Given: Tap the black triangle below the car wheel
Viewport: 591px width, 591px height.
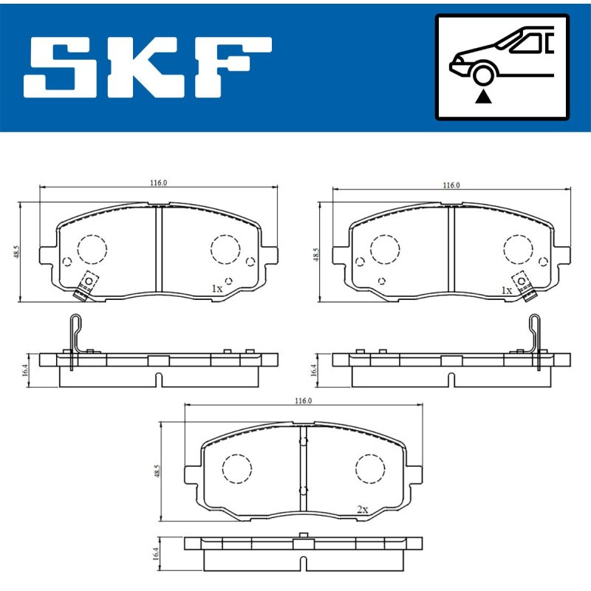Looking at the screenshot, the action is pyautogui.click(x=483, y=98).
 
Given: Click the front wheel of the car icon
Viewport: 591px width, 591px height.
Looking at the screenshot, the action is pyautogui.click(x=483, y=75).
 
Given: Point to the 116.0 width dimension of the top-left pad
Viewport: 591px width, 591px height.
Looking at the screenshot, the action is pyautogui.click(x=158, y=182).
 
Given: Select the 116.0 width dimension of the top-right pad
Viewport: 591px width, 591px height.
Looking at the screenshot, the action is pyautogui.click(x=451, y=185).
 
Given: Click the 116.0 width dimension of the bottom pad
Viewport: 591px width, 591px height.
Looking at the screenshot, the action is pyautogui.click(x=303, y=400).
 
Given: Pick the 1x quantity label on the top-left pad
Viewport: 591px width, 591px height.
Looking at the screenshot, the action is pyautogui.click(x=217, y=289).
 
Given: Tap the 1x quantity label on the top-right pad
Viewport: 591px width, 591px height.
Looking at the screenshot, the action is pyautogui.click(x=507, y=290).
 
